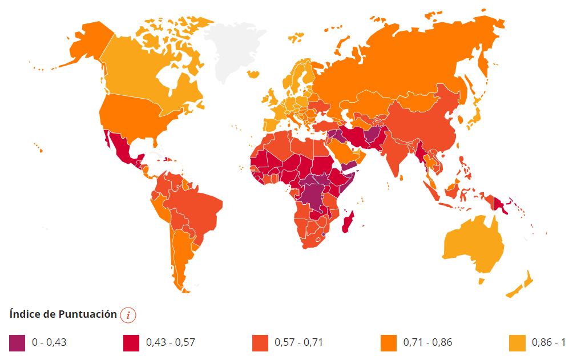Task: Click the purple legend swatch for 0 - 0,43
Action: [17, 342]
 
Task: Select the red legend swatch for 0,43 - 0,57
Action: [131, 342]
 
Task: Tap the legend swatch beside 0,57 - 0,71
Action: [260, 342]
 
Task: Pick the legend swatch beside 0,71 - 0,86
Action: [388, 342]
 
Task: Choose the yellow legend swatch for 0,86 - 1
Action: [517, 342]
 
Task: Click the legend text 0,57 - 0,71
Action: [298, 342]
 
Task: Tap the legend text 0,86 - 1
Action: [548, 342]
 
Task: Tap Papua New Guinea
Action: [501, 204]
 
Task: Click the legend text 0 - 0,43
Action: [49, 342]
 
